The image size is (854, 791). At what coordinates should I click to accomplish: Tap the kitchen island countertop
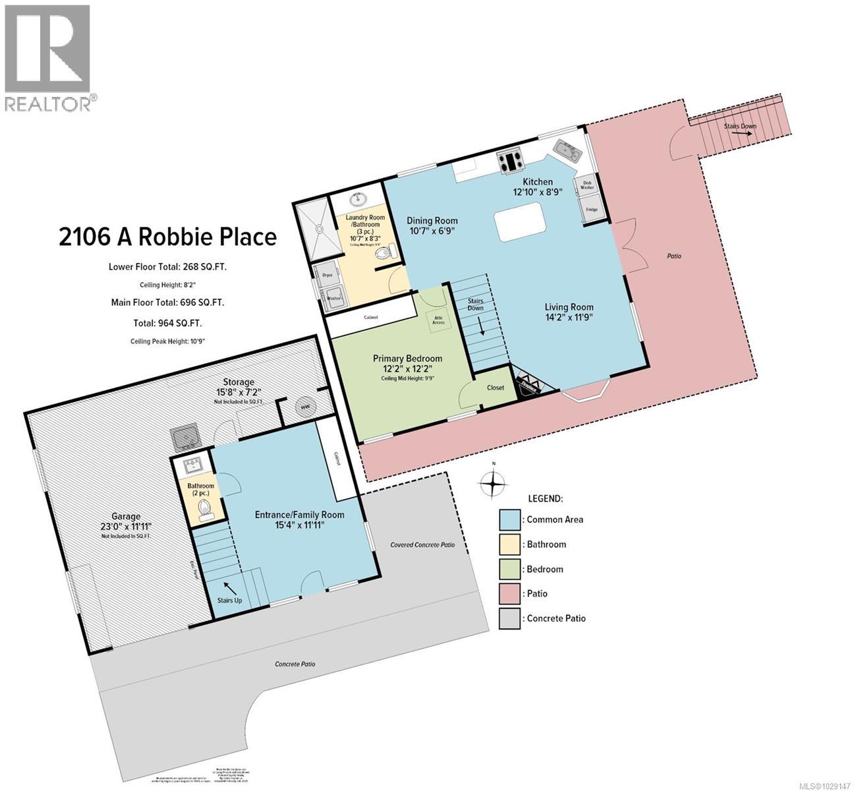[x=521, y=223]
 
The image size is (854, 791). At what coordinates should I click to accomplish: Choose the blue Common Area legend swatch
[x=509, y=519]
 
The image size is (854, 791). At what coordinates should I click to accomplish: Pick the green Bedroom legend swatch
[x=509, y=569]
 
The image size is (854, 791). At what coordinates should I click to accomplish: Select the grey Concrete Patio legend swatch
[x=509, y=618]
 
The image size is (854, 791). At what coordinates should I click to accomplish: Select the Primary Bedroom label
[x=407, y=358]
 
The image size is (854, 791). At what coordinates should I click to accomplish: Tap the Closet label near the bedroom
[x=495, y=388]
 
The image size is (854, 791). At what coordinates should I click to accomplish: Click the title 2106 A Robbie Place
[x=167, y=236]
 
